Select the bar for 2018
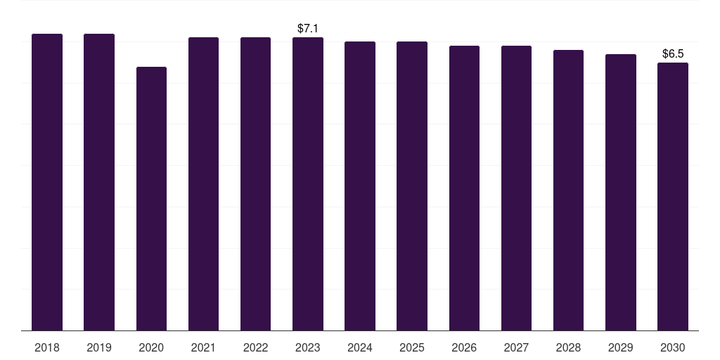tap(47, 182)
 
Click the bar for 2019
tap(99, 182)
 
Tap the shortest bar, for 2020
tap(152, 199)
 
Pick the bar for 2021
tap(203, 184)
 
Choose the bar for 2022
tap(255, 184)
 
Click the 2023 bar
tap(308, 184)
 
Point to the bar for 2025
tap(412, 186)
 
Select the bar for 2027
tap(516, 188)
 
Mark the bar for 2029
tap(621, 193)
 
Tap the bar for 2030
tap(673, 197)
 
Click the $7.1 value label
tap(308, 28)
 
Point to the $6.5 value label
tap(673, 53)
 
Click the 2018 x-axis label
tap(47, 347)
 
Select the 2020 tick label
tap(152, 347)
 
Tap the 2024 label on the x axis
tap(360, 347)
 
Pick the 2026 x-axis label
tap(464, 347)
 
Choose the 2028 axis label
tap(568, 347)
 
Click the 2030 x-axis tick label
tap(673, 347)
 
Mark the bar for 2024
tap(360, 186)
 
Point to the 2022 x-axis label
tap(255, 347)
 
